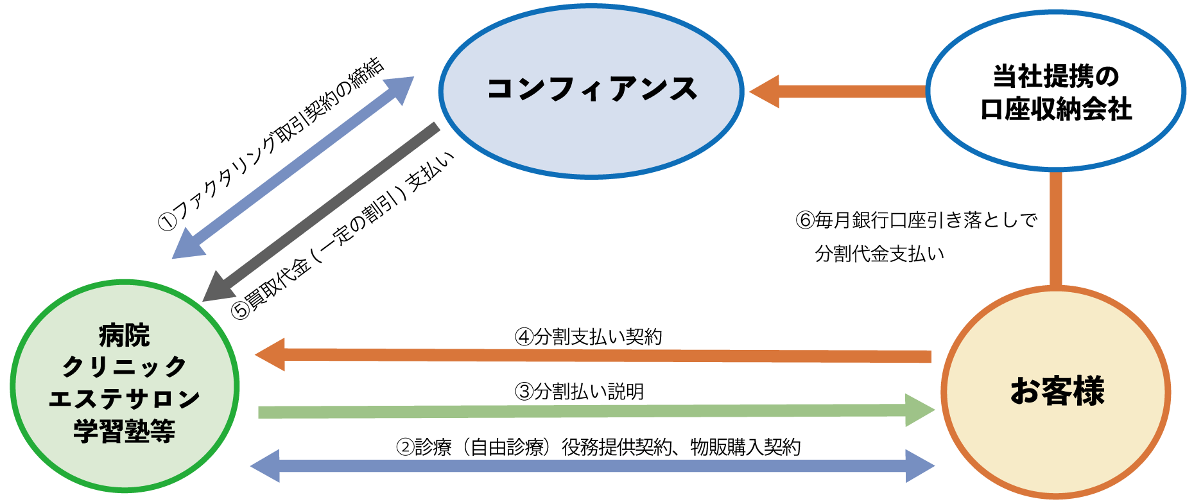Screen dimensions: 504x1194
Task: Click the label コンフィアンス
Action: (x=591, y=89)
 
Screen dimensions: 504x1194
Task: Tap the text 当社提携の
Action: (x=1056, y=76)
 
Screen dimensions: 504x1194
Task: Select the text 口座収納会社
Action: (x=1056, y=110)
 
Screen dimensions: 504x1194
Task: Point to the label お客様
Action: (x=1057, y=391)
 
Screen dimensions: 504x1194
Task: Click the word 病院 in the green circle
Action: (x=124, y=335)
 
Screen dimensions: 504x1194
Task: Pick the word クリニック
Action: (x=124, y=367)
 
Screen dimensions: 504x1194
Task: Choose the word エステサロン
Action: (x=124, y=399)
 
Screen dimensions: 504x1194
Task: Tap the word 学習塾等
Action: (x=124, y=431)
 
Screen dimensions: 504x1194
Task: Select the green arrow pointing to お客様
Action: (x=578, y=411)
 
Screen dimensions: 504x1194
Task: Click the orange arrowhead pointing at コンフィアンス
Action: (x=765, y=91)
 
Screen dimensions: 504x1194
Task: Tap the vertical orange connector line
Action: (x=1055, y=228)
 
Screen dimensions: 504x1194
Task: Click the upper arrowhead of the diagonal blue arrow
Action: (x=399, y=88)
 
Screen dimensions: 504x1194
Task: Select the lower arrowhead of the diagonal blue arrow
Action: (x=187, y=246)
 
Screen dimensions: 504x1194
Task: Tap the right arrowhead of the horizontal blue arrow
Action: (x=919, y=466)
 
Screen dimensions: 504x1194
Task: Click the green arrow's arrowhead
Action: (x=919, y=410)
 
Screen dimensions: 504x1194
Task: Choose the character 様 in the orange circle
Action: (x=1088, y=391)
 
